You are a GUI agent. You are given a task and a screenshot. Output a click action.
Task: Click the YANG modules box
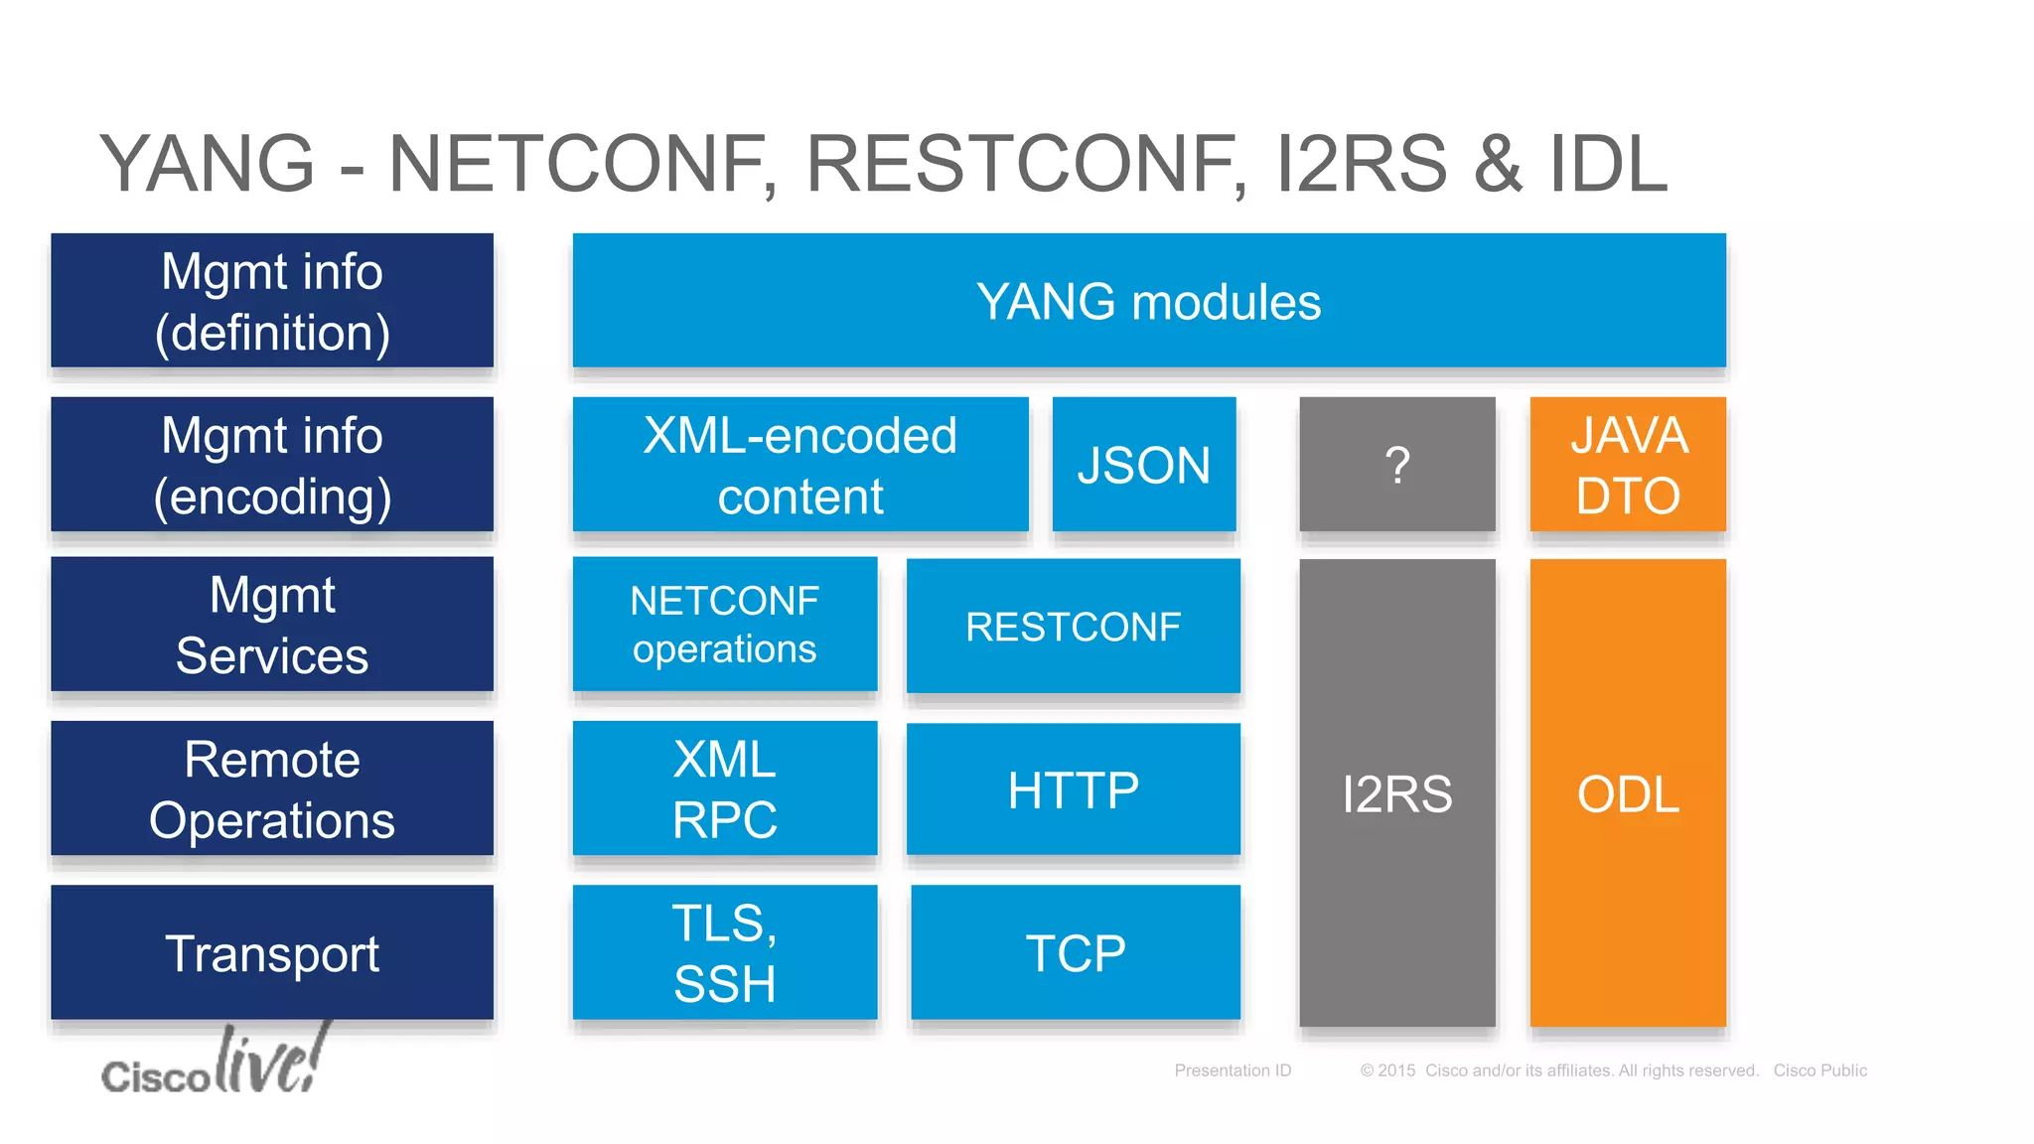pos(1149,301)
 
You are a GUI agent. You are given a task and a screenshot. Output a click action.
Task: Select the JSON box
pos(1144,465)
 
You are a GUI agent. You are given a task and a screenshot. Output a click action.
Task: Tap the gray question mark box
pos(1396,465)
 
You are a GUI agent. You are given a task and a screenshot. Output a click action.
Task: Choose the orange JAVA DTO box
pos(1628,465)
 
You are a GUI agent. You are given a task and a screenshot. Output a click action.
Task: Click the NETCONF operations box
pos(725,624)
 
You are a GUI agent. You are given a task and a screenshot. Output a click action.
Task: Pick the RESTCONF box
pos(1073,626)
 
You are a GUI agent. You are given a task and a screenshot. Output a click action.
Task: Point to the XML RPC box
pos(725,788)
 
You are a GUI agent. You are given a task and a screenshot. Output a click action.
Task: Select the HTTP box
pos(1073,789)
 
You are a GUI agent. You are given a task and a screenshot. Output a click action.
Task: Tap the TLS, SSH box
pos(725,952)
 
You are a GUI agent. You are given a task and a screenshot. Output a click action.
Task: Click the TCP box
pos(1075,952)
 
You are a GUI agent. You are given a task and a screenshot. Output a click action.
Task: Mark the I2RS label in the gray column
pos(1396,794)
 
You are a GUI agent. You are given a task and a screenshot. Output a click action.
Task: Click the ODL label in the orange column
pos(1628,794)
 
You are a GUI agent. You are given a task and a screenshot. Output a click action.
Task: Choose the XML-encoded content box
pos(800,465)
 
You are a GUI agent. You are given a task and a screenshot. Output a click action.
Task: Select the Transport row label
pos(272,952)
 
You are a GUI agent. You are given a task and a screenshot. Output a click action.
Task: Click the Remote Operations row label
pos(272,788)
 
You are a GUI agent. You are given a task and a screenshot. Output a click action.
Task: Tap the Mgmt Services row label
pos(272,624)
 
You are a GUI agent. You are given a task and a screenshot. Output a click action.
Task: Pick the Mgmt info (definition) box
pos(272,301)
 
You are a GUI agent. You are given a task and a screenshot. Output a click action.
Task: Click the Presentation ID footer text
pos(1233,1071)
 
